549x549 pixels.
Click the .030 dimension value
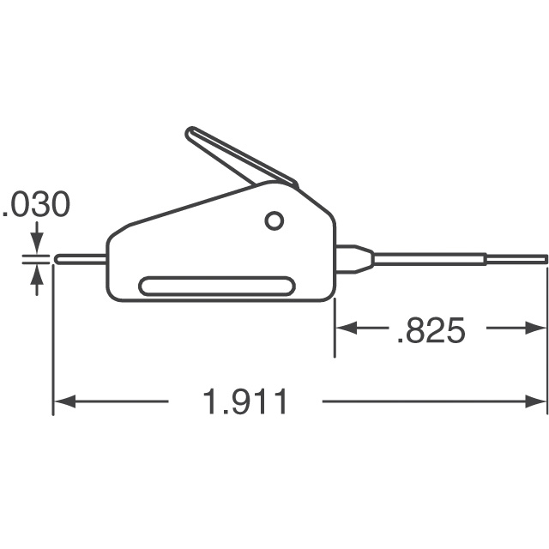[36, 205]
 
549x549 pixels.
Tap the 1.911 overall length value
[244, 401]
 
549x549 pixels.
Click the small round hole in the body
[274, 220]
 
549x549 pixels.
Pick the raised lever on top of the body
[236, 159]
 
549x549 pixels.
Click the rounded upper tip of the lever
[192, 135]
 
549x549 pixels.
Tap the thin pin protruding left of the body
[80, 256]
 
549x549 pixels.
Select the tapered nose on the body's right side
[353, 258]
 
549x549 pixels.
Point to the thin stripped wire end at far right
[519, 257]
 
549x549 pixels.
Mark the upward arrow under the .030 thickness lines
[37, 276]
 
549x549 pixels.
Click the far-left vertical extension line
[53, 343]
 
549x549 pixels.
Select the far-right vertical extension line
[547, 343]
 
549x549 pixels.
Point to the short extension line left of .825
[335, 326]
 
